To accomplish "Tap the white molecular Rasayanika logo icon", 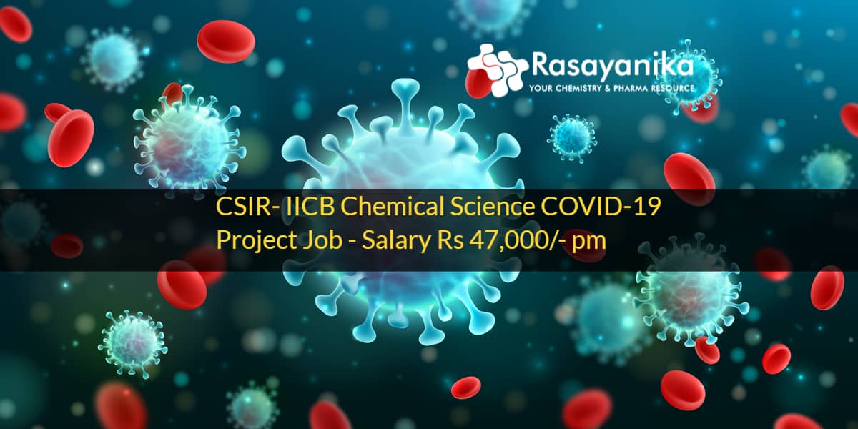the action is (x=498, y=70).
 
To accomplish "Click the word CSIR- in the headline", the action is (x=248, y=207).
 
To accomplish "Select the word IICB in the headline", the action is (x=310, y=207).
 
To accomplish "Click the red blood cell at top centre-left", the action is (x=226, y=41).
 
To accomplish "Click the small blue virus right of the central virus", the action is (x=572, y=138).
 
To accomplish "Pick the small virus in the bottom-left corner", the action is (x=133, y=344).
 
